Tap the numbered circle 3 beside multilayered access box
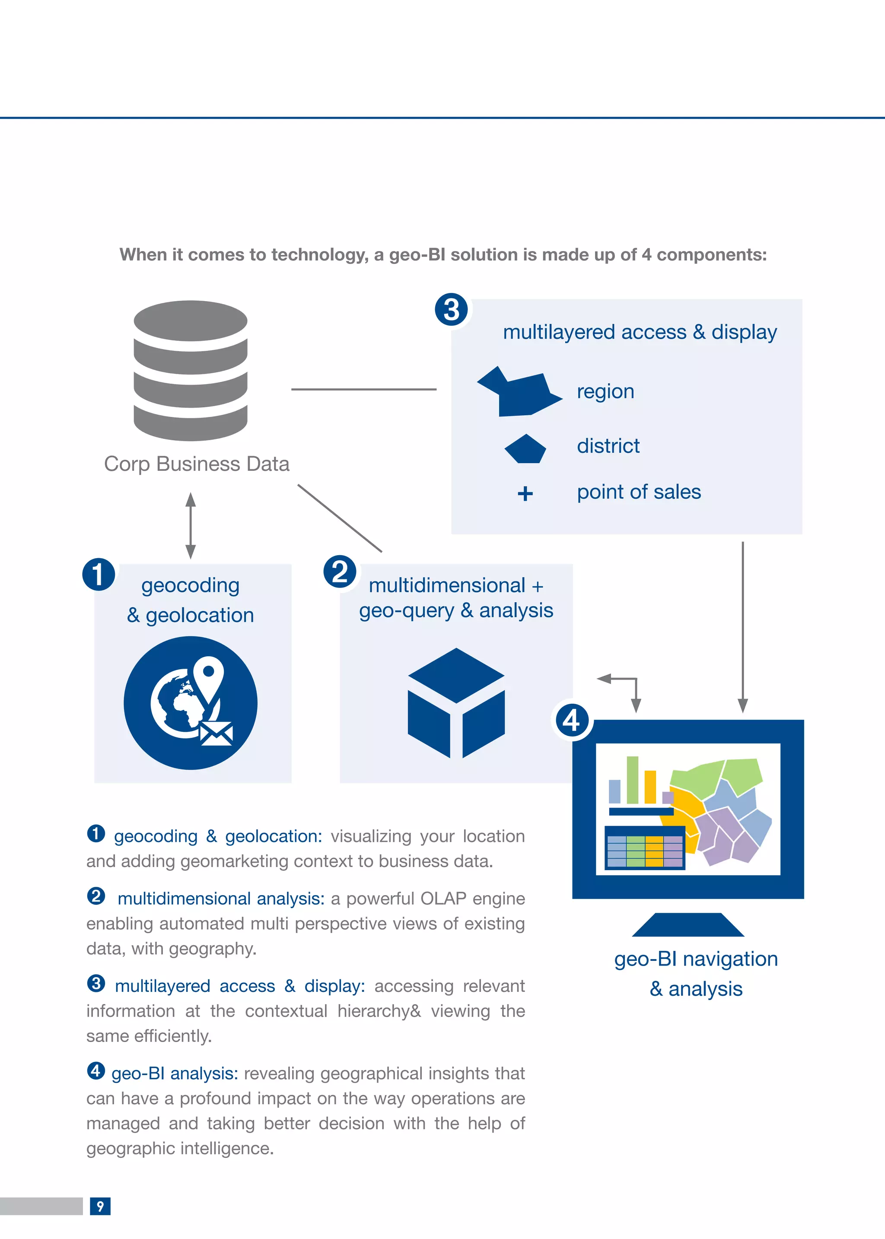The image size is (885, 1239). click(451, 309)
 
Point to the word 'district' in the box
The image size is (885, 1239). click(608, 446)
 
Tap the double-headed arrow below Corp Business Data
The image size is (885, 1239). click(191, 525)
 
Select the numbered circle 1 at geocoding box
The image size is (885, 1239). click(99, 574)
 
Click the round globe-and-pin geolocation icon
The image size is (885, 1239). click(191, 703)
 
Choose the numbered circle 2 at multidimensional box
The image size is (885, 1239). click(340, 572)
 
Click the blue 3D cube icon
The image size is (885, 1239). click(456, 703)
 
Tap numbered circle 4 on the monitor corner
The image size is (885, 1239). click(571, 720)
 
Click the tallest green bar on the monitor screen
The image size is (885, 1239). click(632, 780)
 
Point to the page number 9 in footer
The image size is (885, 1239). click(100, 1206)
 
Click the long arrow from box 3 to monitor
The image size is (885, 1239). click(742, 626)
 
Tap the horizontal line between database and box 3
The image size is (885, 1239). click(363, 389)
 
